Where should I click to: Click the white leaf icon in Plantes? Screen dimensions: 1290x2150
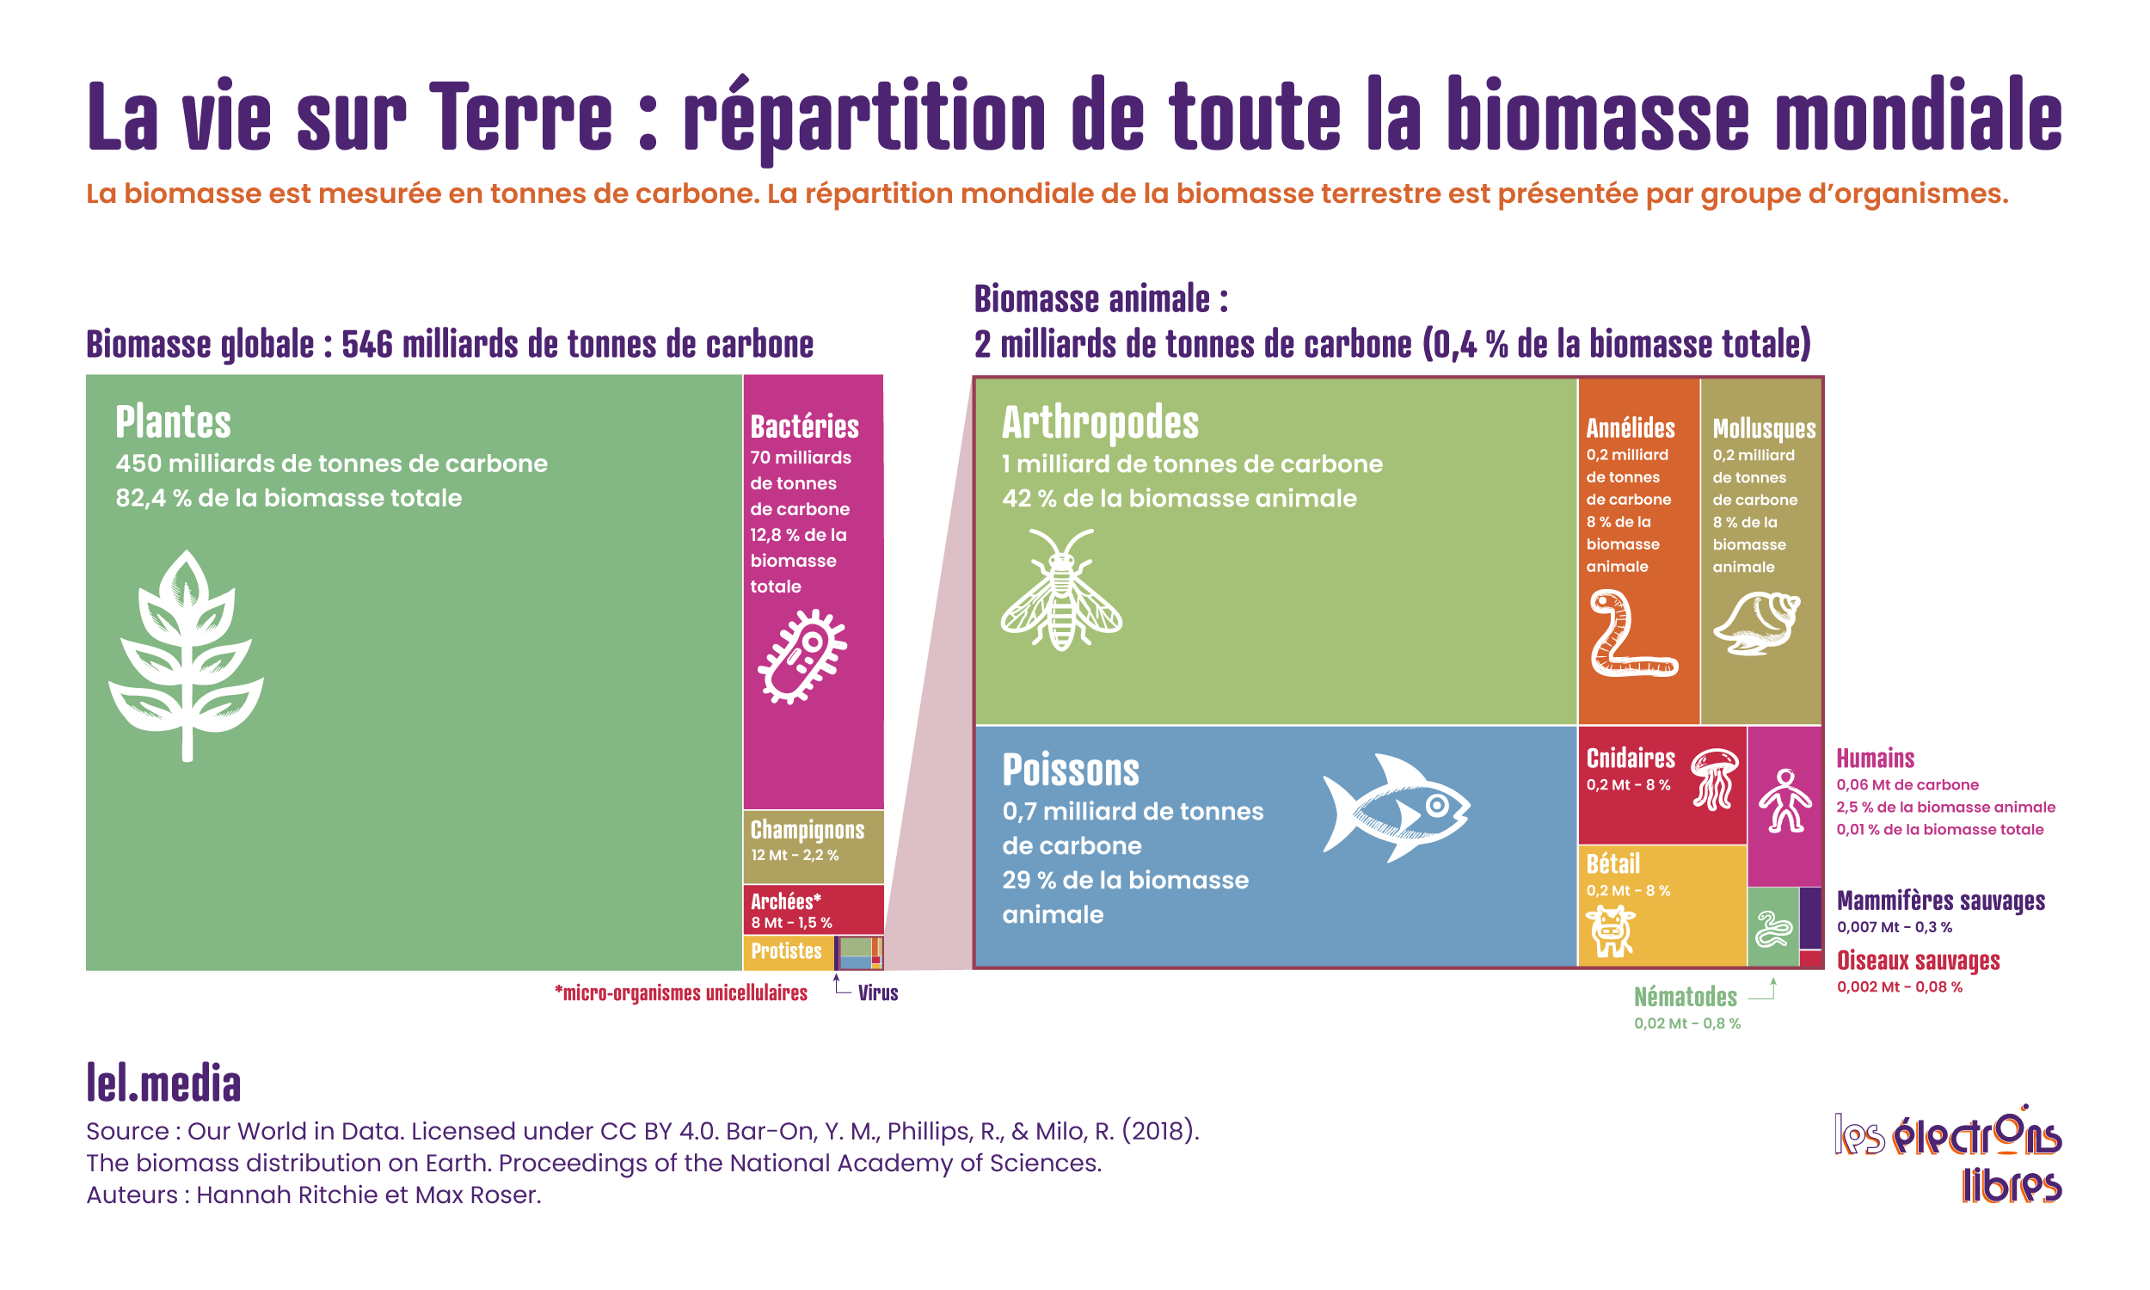[x=186, y=656]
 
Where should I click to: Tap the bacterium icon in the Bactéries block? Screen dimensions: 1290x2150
[x=802, y=656]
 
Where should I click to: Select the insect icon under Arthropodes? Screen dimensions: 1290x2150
[x=1061, y=590]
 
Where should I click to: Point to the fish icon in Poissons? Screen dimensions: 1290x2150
[x=1395, y=808]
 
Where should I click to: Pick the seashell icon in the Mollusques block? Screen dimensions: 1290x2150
[x=1756, y=623]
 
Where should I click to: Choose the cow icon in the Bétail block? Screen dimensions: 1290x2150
[x=1610, y=931]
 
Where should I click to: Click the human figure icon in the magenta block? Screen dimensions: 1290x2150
[x=1785, y=801]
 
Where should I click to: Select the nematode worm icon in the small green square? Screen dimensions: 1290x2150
[x=1773, y=930]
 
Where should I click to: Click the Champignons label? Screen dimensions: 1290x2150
[x=808, y=829]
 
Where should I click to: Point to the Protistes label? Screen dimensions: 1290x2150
[x=787, y=951]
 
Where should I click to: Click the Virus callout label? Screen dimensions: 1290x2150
[x=878, y=992]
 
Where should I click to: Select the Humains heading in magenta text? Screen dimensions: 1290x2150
[x=1876, y=759]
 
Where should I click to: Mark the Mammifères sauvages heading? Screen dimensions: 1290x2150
[x=1940, y=900]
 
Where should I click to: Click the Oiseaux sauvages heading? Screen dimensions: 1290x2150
[x=1918, y=961]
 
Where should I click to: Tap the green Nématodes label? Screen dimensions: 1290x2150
[x=1685, y=997]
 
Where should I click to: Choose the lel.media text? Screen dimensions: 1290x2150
[x=163, y=1084]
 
